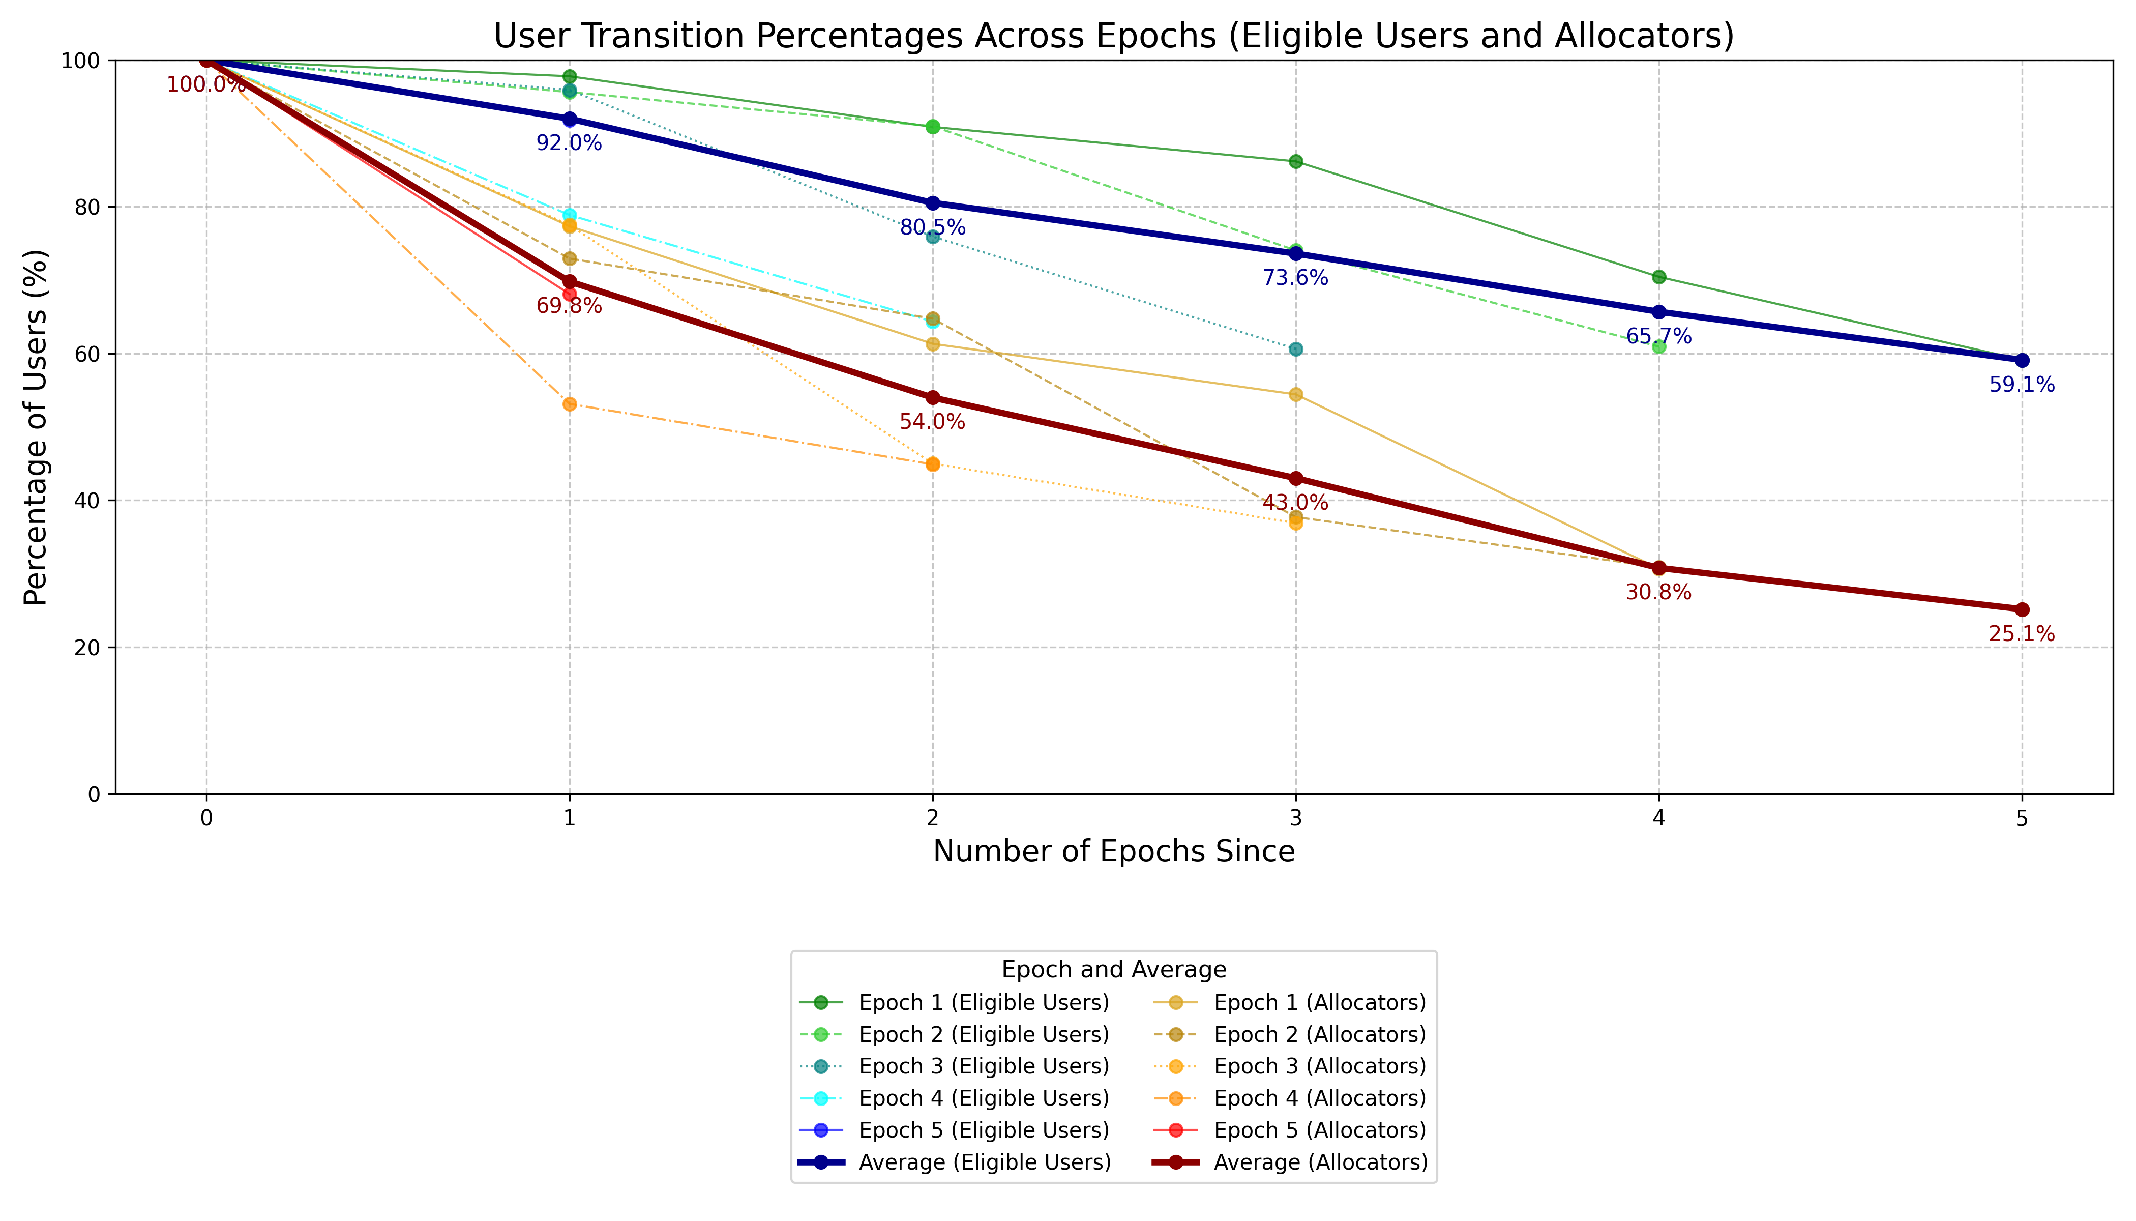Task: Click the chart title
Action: click(1113, 36)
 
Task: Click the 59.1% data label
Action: click(2022, 385)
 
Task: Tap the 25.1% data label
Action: click(2022, 635)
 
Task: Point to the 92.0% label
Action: click(569, 143)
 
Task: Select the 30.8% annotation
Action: click(1658, 593)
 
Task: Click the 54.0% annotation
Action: click(932, 422)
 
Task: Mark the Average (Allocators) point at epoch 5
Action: click(2022, 609)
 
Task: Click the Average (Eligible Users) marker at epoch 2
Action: click(932, 203)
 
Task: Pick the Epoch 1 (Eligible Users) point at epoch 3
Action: click(1295, 162)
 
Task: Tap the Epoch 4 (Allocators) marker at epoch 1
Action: click(569, 404)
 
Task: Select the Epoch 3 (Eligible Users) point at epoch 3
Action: click(1295, 349)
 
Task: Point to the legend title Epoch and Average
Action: click(1113, 970)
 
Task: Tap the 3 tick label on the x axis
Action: click(1295, 819)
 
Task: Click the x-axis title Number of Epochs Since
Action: click(1113, 852)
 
